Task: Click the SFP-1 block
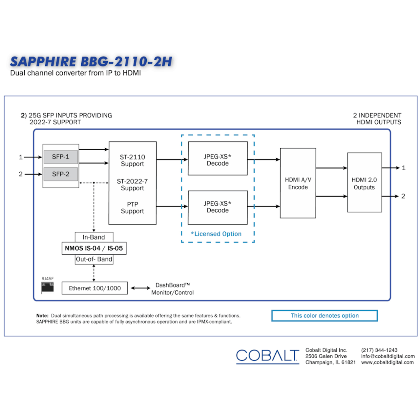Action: [x=61, y=157]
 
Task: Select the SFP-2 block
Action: [x=61, y=174]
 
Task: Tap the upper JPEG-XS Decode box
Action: [x=218, y=158]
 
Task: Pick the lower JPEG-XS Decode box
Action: [x=218, y=207]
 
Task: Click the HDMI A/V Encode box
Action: [x=298, y=183]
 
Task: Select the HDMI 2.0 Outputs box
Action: [x=364, y=182]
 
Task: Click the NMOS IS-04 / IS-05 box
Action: [x=94, y=248]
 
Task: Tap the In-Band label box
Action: [x=94, y=237]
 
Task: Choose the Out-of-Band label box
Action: [x=94, y=259]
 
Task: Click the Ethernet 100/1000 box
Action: [x=94, y=288]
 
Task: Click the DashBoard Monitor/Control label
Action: [x=172, y=289]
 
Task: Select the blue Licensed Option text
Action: [x=216, y=234]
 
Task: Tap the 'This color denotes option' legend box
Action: [x=325, y=316]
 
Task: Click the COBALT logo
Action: [x=267, y=356]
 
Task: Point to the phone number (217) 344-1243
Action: [x=379, y=350]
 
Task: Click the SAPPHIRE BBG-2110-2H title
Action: [x=91, y=62]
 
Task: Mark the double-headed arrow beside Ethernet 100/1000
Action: [x=140, y=288]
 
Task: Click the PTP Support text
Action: [x=132, y=208]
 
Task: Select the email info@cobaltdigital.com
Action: [x=388, y=356]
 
